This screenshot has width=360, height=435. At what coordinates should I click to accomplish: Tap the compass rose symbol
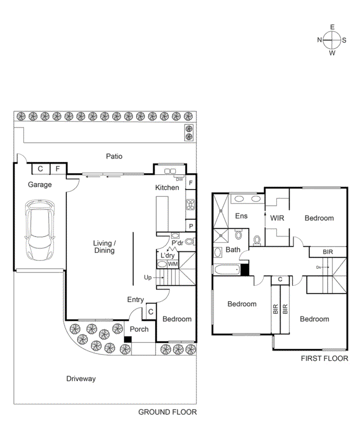coord(332,40)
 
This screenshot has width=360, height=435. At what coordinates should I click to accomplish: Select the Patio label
coord(114,156)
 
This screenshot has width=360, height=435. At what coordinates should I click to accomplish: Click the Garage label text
coord(40,185)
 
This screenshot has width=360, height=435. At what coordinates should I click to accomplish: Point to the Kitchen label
coord(167,187)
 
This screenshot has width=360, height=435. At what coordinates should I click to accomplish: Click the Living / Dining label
coord(104,247)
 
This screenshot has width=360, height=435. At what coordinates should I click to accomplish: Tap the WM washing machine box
coord(173,264)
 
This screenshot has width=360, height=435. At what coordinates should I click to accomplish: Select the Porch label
coord(139,329)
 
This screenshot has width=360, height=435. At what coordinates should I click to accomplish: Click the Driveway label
coord(81,379)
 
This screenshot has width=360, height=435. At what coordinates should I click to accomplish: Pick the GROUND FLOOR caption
coord(167,412)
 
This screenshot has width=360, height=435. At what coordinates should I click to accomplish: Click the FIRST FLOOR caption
coord(324,358)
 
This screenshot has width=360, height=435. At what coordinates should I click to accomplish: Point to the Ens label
coord(241,216)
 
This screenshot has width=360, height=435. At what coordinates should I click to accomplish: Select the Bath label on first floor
coord(233,249)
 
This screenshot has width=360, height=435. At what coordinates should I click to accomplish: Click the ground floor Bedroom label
coord(176,319)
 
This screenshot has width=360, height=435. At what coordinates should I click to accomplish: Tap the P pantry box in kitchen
coord(191,226)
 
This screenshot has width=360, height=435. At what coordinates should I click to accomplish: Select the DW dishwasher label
coord(180,179)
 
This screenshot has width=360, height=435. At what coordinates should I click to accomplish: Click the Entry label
coord(136,300)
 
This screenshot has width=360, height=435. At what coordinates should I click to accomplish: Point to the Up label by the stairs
coord(148,277)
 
